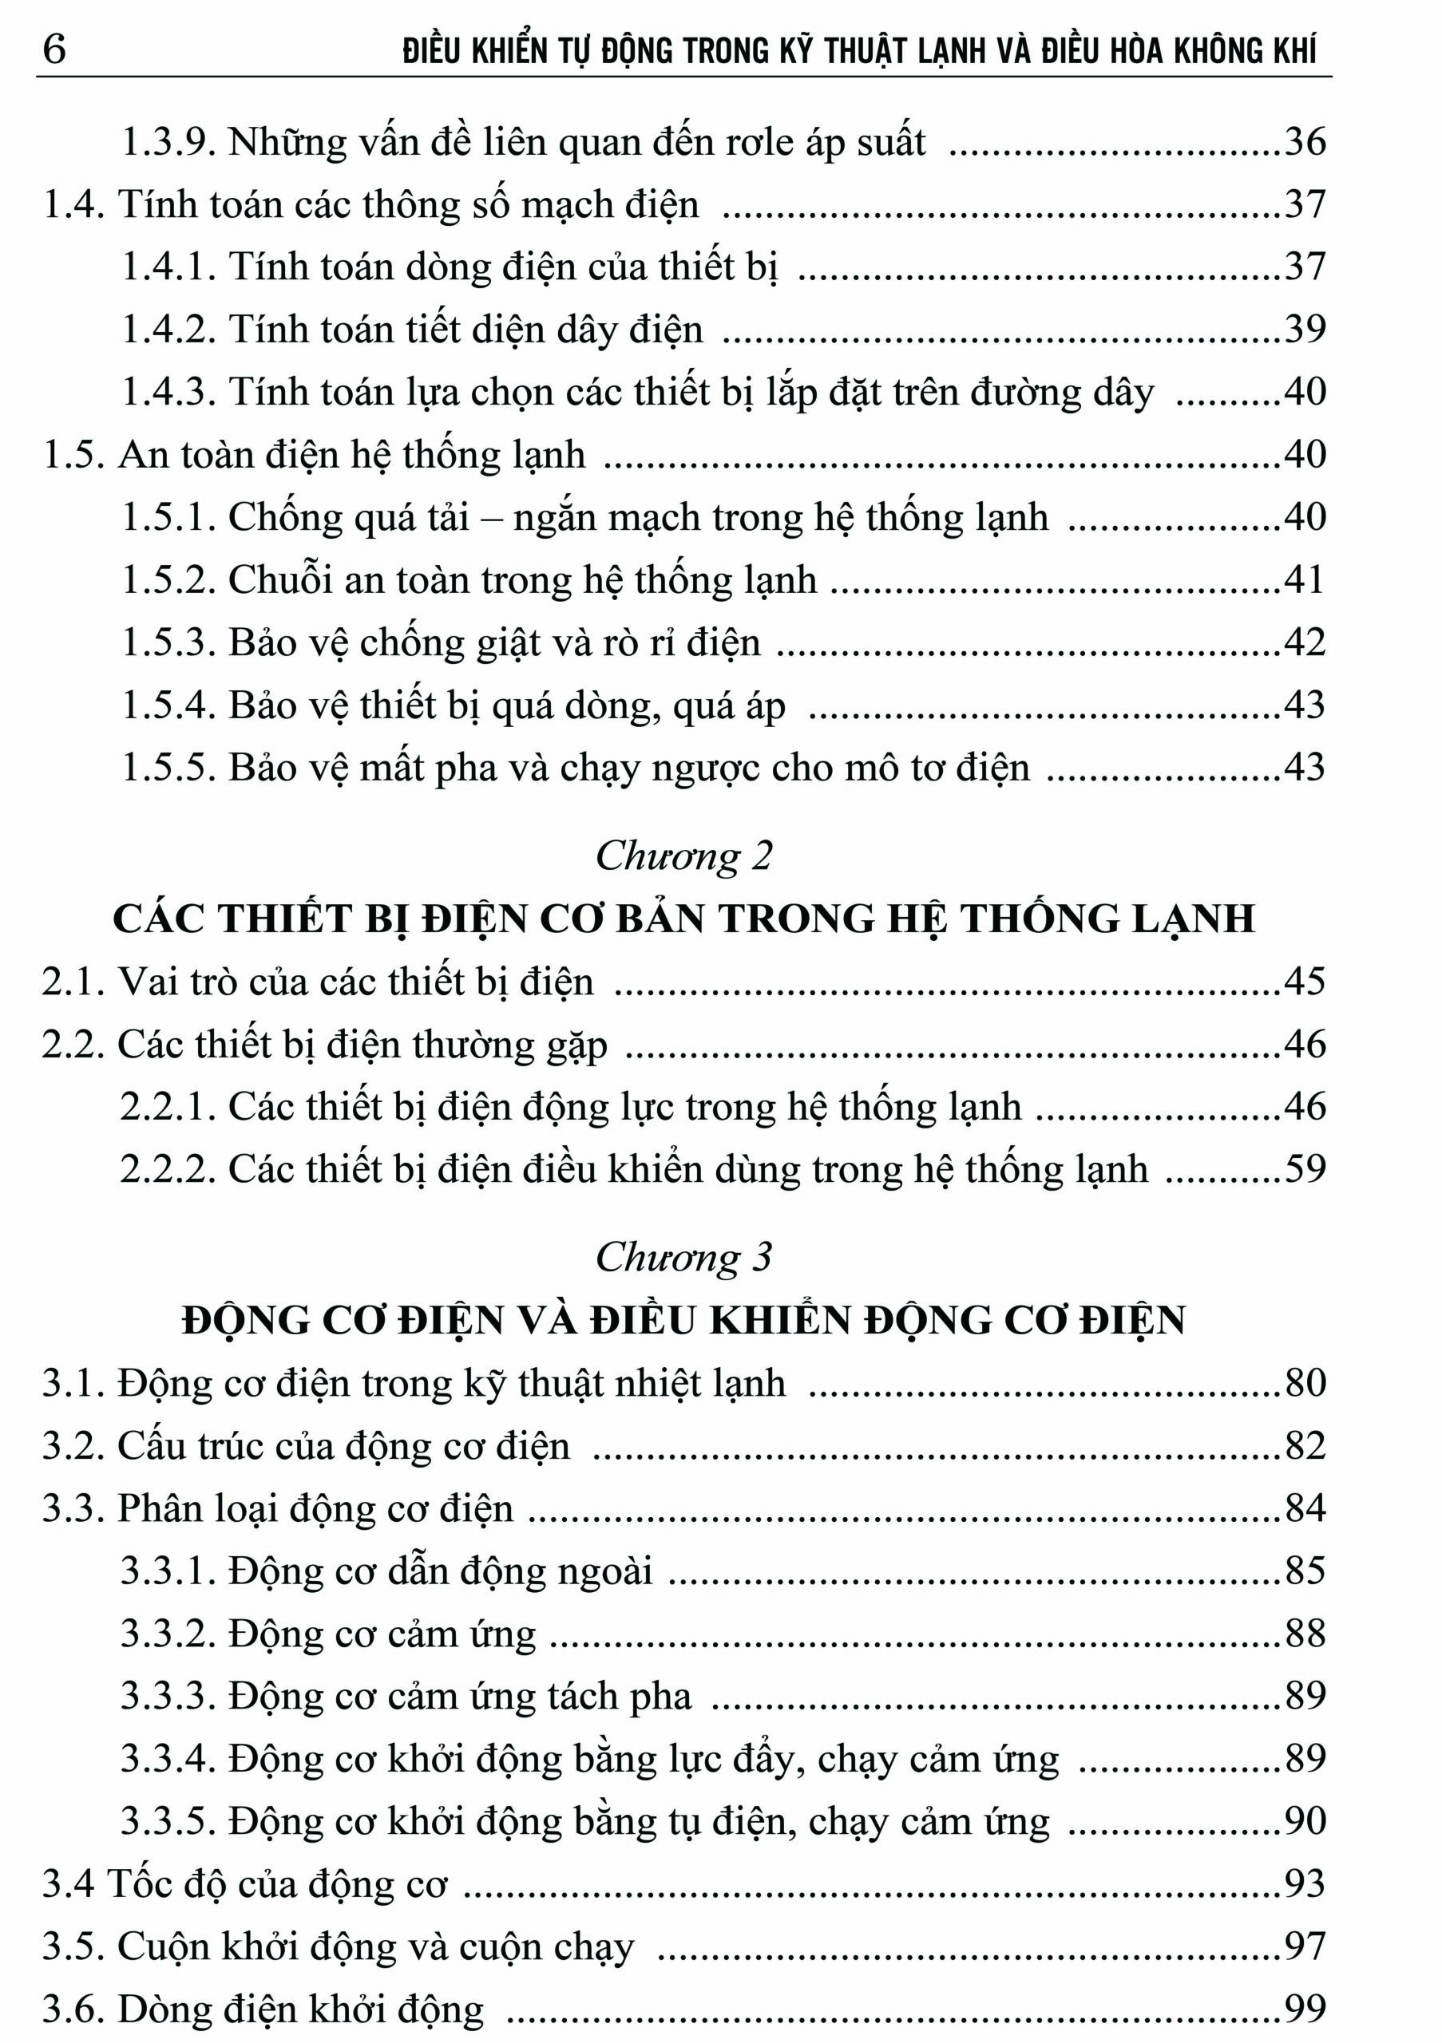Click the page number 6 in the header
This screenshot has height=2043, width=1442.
[53, 48]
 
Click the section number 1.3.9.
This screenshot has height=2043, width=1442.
[168, 142]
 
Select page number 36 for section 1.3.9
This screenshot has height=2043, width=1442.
[1304, 141]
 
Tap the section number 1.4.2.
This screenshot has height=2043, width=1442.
[168, 330]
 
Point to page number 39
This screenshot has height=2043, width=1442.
[1304, 330]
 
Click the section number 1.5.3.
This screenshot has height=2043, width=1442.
[168, 642]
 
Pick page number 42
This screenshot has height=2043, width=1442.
[1304, 642]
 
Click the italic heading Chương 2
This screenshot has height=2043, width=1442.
[683, 856]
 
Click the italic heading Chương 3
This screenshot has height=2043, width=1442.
[683, 1257]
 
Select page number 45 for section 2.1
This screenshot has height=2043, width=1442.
[1304, 982]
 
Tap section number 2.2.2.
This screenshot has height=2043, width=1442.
[168, 1169]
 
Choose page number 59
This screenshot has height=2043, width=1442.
[1304, 1169]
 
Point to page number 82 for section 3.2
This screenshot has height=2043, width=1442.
[1304, 1446]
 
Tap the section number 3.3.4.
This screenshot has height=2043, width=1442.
[168, 1759]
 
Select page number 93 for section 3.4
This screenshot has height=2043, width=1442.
[1304, 1883]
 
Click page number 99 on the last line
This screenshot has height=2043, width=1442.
[1304, 2009]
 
